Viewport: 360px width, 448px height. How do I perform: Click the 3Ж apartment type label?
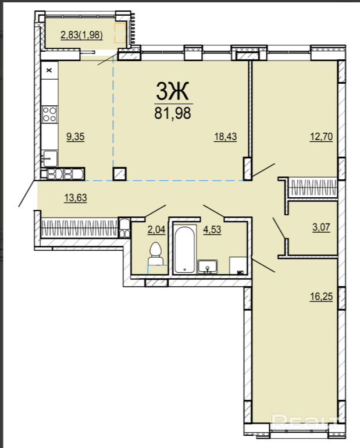coord(173,91)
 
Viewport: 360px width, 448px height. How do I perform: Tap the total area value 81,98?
coord(173,113)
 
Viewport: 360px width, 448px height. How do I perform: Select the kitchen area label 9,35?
coord(76,137)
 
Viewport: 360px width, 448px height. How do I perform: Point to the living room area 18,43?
coord(226,137)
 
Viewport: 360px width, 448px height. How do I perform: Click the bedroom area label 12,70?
coord(322,137)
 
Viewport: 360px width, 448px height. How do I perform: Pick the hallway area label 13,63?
coord(76,198)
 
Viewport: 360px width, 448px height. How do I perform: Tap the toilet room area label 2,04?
coord(156,229)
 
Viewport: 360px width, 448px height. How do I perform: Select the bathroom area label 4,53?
coord(212,229)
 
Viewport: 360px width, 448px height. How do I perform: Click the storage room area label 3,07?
coord(321,227)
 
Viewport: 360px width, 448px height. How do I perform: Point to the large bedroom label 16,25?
coord(322,297)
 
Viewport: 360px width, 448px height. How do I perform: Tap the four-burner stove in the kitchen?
coord(49,114)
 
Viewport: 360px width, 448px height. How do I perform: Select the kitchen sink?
coord(49,158)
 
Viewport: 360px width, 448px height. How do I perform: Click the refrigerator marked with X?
coord(49,70)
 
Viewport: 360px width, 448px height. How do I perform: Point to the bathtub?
coord(185,250)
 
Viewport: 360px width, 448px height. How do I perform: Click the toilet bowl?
coord(155,254)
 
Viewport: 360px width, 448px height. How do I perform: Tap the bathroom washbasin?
coord(208,266)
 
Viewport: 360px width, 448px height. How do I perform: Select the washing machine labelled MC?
coord(238,265)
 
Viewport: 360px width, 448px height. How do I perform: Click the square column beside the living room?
coord(120,174)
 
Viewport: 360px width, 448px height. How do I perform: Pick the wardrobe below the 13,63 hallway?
coord(79,227)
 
